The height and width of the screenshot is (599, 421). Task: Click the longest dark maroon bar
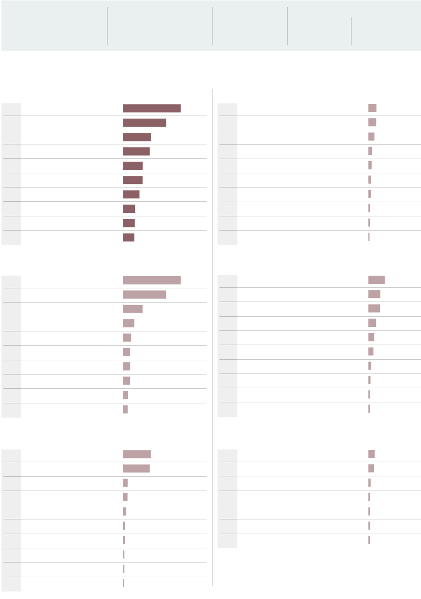152,108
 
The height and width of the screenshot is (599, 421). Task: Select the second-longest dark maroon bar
144,122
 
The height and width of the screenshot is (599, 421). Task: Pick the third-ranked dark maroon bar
137,137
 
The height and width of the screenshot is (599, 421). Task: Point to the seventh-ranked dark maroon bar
131,194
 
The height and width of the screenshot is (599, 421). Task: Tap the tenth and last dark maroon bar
128,237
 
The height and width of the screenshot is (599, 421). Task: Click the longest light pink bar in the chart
152,280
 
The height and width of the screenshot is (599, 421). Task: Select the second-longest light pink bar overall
144,294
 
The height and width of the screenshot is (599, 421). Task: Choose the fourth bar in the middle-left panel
128,323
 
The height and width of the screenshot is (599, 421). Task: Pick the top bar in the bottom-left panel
137,454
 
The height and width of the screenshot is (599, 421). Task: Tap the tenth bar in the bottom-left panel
123,583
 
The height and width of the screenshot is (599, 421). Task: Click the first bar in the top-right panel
372,108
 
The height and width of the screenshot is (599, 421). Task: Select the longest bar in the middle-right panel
376,280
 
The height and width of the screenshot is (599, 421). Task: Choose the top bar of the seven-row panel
371,454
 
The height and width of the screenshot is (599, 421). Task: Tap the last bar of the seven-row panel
369,540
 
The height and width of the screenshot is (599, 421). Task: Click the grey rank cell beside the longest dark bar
11,108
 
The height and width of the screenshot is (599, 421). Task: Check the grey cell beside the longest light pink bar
11,281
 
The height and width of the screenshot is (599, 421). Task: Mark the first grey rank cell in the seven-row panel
227,455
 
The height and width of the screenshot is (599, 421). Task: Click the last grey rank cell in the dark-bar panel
11,238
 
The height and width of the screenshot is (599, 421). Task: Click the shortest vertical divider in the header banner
351,31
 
